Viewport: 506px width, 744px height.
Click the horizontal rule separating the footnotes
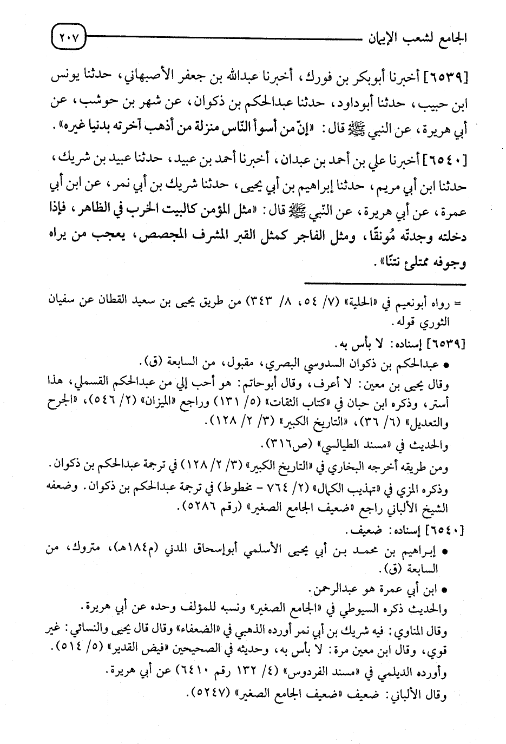tap(384, 284)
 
